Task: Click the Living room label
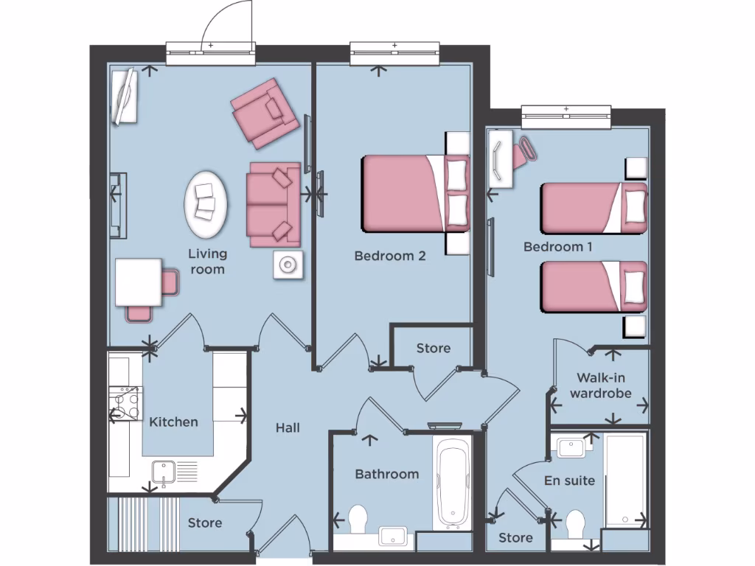pos(207,262)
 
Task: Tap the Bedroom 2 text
pos(390,256)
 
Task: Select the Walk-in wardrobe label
pos(603,385)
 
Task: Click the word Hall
pos(288,427)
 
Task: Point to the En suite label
pos(569,481)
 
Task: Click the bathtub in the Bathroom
pos(452,483)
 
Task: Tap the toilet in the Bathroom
pos(358,518)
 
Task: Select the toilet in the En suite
pos(575,525)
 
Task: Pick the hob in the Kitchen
pos(125,403)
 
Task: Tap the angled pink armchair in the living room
pos(265,113)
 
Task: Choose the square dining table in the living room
pos(138,282)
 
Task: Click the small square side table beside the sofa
pos(288,265)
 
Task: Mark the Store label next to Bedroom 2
pos(433,349)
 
